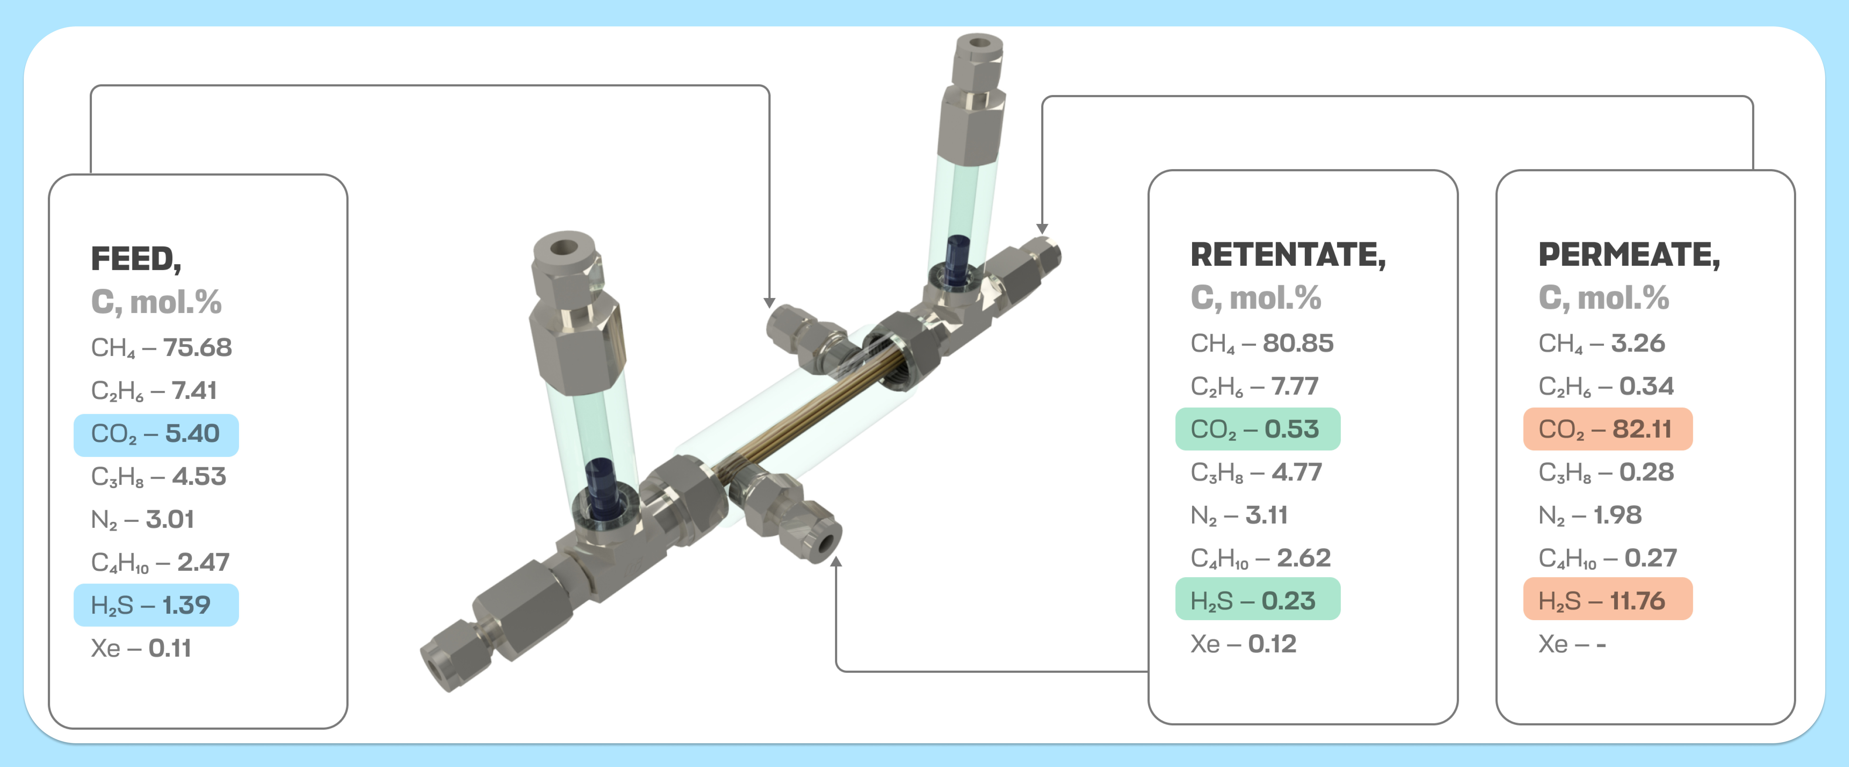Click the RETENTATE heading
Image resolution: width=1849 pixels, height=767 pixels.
tap(1288, 255)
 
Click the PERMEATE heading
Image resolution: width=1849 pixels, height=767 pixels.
tap(1629, 255)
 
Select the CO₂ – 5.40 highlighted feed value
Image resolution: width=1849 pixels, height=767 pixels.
tap(156, 434)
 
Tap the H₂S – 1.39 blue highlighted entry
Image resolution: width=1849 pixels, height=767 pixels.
tap(156, 605)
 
